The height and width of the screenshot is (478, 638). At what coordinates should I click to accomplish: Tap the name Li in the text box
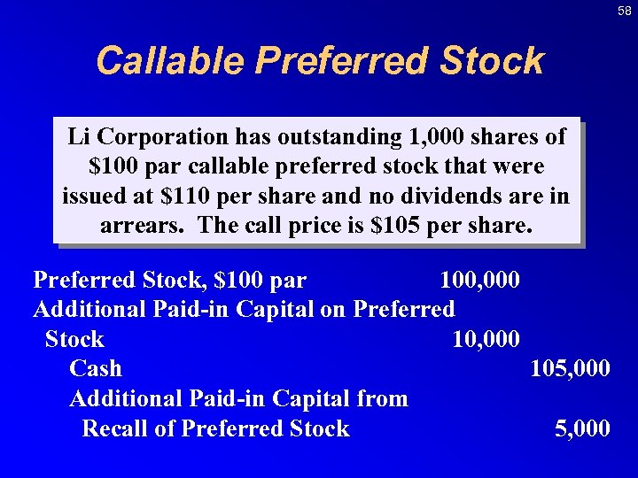click(79, 137)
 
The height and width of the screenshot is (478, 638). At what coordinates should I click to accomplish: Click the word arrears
click(141, 225)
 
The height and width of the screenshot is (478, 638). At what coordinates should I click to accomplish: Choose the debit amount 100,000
click(479, 281)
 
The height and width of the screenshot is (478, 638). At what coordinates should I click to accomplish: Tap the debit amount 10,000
click(486, 340)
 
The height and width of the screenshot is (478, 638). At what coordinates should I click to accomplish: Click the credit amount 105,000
click(569, 369)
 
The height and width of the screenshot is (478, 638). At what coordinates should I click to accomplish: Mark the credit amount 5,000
click(581, 429)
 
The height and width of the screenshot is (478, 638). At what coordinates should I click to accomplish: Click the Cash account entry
click(96, 369)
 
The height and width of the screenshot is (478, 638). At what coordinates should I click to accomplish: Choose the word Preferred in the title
click(342, 61)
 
